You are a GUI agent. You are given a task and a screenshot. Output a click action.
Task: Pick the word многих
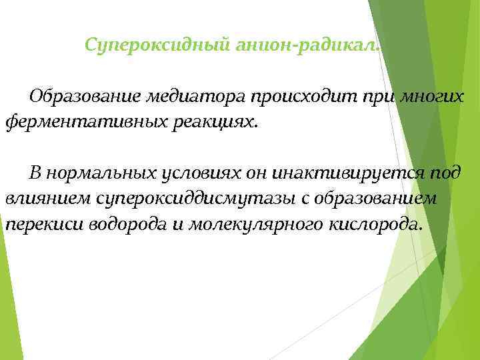(x=431, y=97)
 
